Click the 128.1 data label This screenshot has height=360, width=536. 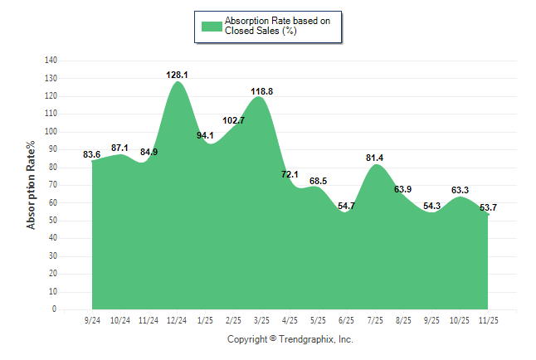coord(177,75)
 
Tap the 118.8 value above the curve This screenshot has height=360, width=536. coord(263,91)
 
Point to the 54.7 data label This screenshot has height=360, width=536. coord(347,205)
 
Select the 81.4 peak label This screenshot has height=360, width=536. coord(375,158)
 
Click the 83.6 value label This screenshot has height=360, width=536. coord(92,154)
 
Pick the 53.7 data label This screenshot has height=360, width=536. coord(489,207)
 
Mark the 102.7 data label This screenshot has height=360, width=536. coord(234,120)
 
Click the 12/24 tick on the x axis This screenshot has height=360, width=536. coord(177,320)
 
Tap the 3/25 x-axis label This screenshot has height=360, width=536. coord(262,320)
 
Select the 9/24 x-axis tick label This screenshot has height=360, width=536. coord(92,320)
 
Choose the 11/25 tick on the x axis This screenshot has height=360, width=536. coord(489,320)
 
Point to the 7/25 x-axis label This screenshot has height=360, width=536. coord(375,320)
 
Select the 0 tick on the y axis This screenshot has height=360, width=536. coord(55,309)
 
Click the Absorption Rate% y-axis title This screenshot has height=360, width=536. coord(32,186)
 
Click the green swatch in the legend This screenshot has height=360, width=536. coord(211,26)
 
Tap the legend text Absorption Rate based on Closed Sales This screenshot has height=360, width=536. coord(278,26)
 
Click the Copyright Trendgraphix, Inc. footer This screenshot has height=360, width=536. coord(290,339)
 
